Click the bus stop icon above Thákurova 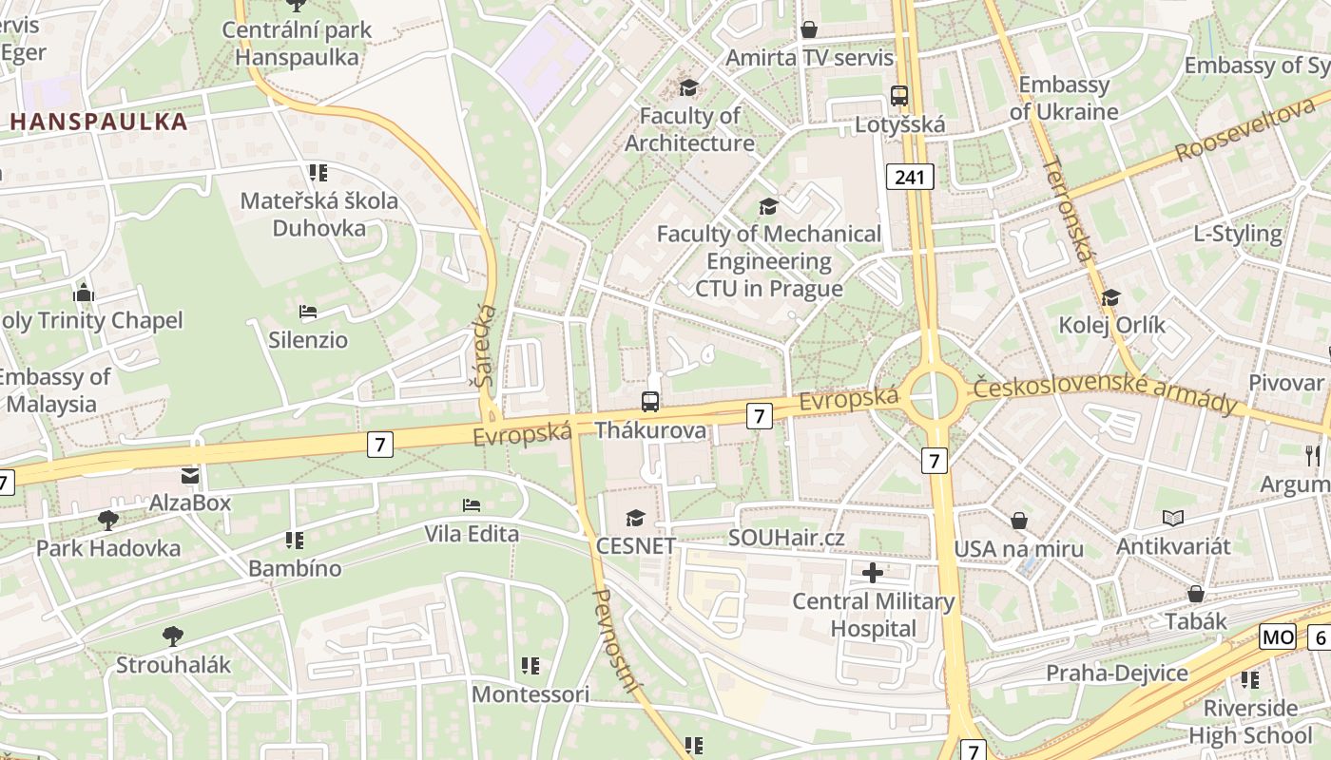(650, 401)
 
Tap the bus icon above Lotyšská (899, 95)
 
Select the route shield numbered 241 (910, 176)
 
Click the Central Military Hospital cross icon (872, 573)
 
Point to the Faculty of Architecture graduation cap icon (688, 87)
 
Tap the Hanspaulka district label (99, 122)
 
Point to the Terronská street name (1069, 208)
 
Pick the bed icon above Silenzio (307, 312)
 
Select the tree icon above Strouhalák (172, 636)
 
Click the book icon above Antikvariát (1173, 518)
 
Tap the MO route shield (1278, 636)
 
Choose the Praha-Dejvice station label (1117, 674)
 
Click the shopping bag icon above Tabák (1195, 594)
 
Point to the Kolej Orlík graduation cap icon (1110, 297)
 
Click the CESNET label (636, 545)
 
